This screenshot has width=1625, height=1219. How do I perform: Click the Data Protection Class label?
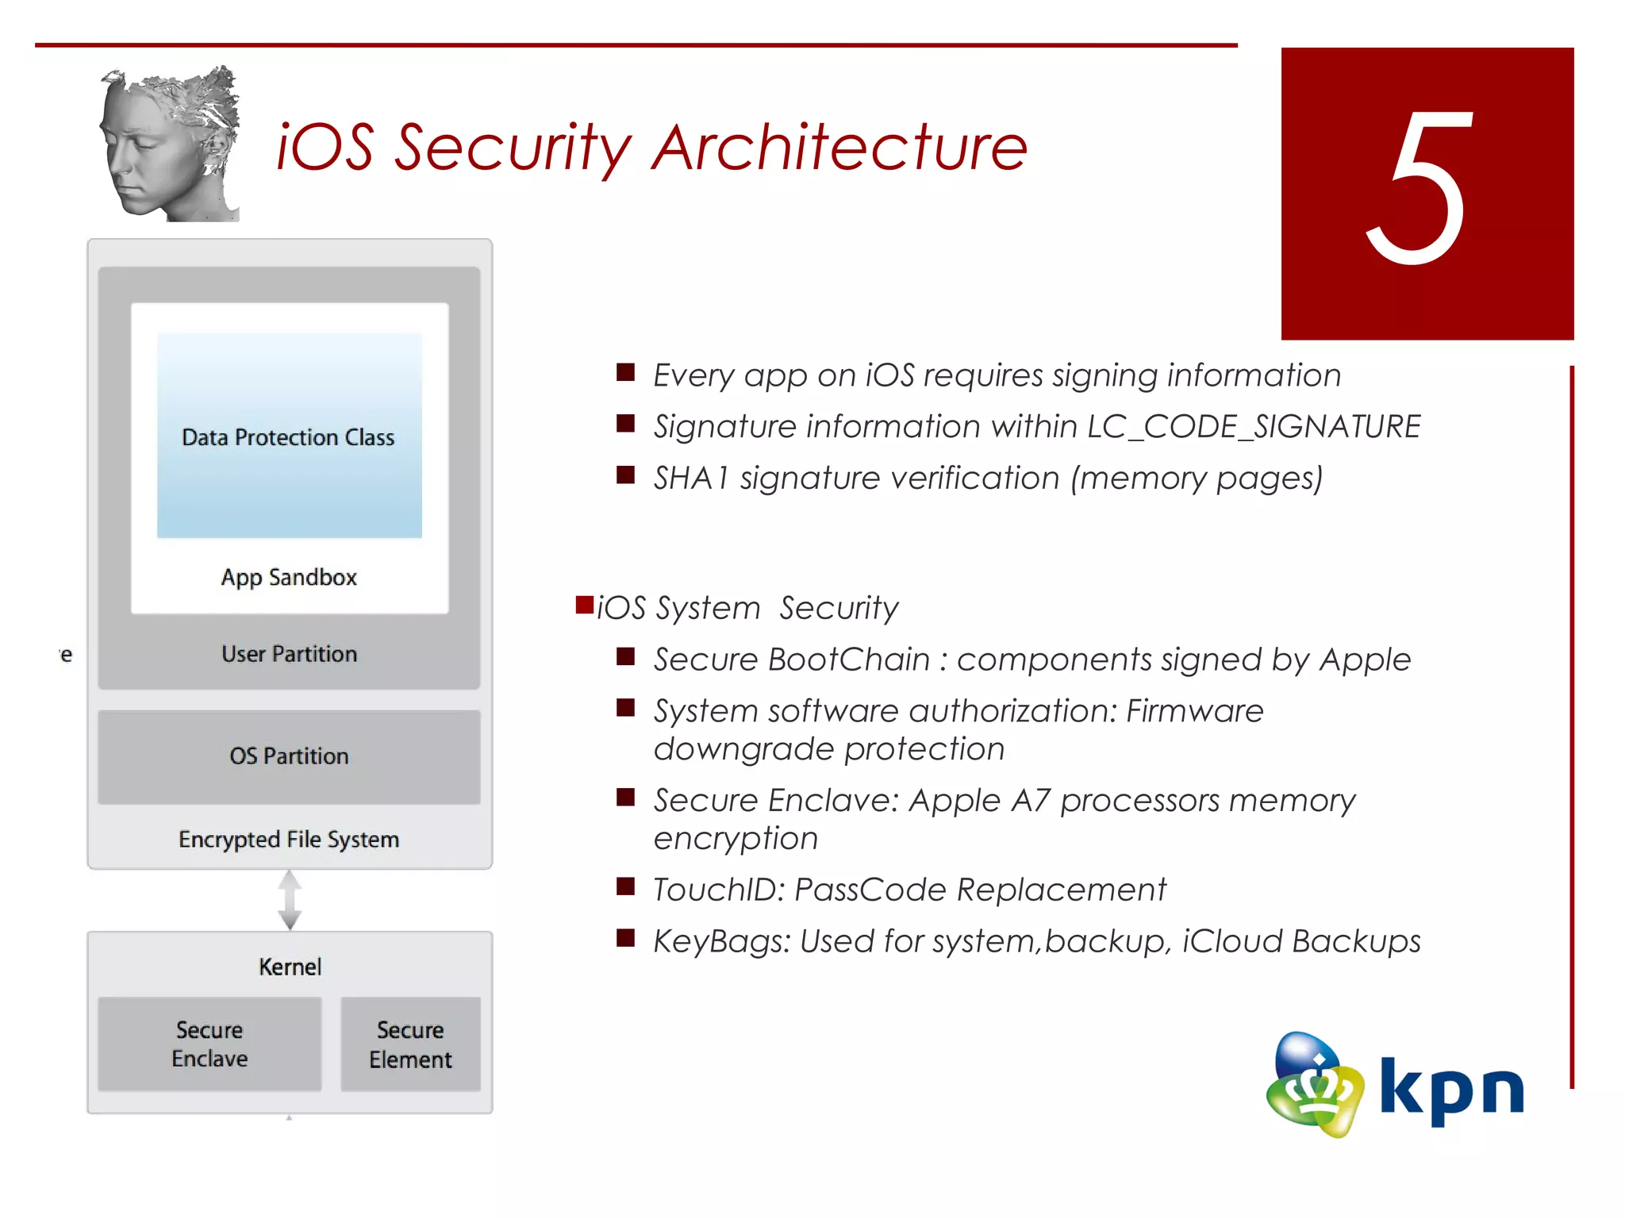click(x=288, y=437)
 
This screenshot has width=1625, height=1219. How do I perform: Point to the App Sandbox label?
click(x=289, y=577)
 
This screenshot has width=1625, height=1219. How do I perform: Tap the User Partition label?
click(x=289, y=654)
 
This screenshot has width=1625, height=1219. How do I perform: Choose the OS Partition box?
click(x=289, y=756)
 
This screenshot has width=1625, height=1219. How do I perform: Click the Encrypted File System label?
click(x=289, y=840)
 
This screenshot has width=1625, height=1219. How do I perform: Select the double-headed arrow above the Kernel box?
click(x=290, y=900)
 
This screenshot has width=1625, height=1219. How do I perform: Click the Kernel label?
click(x=290, y=967)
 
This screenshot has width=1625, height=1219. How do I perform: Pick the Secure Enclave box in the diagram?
click(x=209, y=1044)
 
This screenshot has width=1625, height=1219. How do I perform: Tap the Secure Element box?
click(x=410, y=1044)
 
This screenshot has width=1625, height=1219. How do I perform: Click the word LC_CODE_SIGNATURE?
click(x=1254, y=427)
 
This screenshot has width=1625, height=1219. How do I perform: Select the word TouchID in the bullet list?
click(x=718, y=890)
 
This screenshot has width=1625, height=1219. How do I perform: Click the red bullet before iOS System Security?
click(x=585, y=606)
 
